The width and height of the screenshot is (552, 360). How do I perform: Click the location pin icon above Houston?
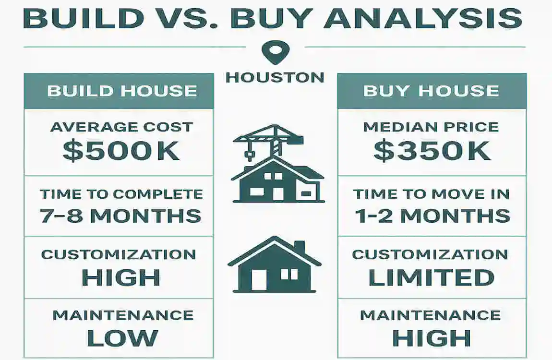[x=275, y=52]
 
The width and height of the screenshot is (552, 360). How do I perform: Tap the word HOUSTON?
[x=275, y=77]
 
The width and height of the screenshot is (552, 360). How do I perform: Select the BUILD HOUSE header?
[x=122, y=91]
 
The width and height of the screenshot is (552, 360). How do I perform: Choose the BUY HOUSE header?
[x=431, y=91]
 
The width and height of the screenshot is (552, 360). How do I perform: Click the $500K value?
[x=121, y=150]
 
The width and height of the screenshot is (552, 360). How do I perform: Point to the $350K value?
[x=432, y=150]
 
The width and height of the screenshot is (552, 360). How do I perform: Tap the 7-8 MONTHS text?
[x=120, y=216]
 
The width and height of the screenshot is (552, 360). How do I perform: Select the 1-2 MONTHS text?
[x=432, y=216]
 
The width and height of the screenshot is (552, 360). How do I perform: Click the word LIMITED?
[x=431, y=277]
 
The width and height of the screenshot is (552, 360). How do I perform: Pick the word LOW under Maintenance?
[x=122, y=338]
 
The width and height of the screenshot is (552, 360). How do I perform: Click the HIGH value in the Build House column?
[x=120, y=277]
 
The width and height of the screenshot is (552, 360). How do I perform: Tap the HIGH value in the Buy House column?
[x=432, y=338]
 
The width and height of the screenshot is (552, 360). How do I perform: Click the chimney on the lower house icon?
[x=299, y=246]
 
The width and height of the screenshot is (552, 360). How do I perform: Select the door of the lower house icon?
[x=259, y=279]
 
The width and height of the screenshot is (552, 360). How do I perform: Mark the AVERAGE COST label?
[x=121, y=127]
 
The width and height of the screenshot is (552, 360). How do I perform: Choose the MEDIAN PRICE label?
[x=431, y=127]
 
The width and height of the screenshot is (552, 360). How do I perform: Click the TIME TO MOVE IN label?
[x=431, y=193]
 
